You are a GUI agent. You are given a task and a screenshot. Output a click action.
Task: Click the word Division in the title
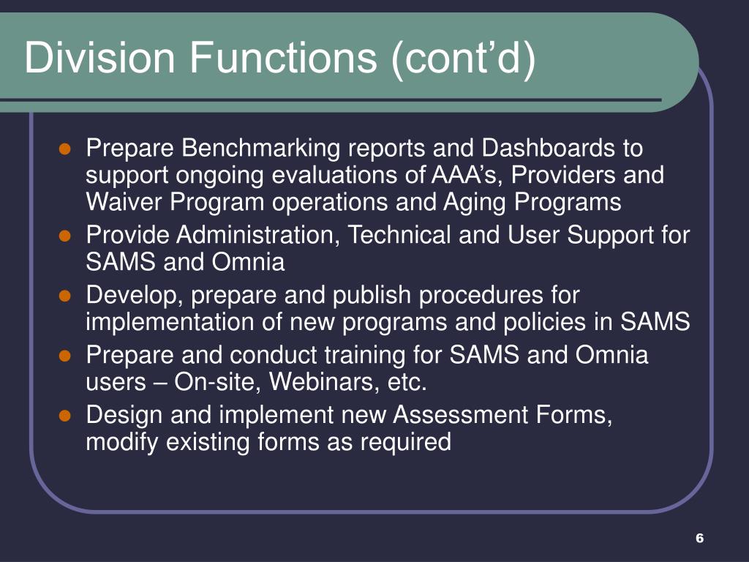point(99,57)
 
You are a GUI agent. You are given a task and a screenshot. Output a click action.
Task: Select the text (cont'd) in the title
point(463,59)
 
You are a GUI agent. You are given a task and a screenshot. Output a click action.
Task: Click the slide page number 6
point(699,538)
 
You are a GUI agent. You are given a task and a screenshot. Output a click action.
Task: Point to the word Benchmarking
point(260,148)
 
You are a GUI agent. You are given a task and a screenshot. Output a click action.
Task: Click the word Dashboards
point(547,148)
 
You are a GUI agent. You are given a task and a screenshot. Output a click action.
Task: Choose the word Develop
point(135,296)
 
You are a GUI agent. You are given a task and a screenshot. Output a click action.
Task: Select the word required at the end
point(405,441)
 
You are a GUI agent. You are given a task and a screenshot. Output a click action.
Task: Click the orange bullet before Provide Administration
point(64,236)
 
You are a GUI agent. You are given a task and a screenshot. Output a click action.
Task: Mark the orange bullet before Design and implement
point(64,416)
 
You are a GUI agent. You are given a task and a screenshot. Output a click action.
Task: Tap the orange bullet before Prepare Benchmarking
point(64,149)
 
